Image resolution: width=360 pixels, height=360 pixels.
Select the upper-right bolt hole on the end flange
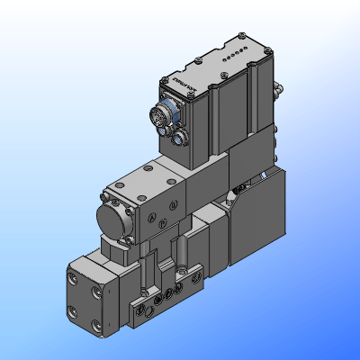[98, 293]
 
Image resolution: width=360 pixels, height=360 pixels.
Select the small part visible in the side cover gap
[237, 191]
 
